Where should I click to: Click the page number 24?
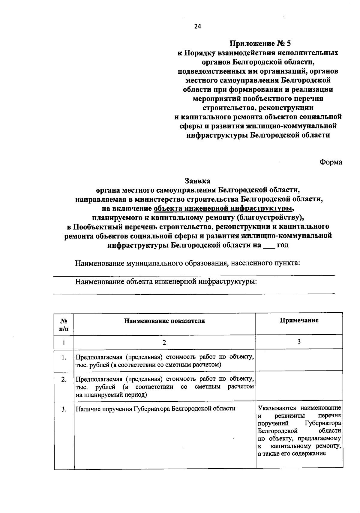(197, 26)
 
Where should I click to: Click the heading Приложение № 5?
(260, 43)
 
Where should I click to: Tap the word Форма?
(331, 162)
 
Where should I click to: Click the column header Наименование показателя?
(164, 321)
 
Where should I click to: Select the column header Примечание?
(299, 320)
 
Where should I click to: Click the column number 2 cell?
(164, 343)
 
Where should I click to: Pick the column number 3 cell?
(299, 342)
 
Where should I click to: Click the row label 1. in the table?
(64, 358)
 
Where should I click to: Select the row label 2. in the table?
(64, 379)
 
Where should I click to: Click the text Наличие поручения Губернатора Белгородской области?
(155, 409)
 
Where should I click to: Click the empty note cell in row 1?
(299, 360)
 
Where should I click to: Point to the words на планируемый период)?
(111, 395)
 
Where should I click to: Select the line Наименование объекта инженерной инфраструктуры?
(166, 282)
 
